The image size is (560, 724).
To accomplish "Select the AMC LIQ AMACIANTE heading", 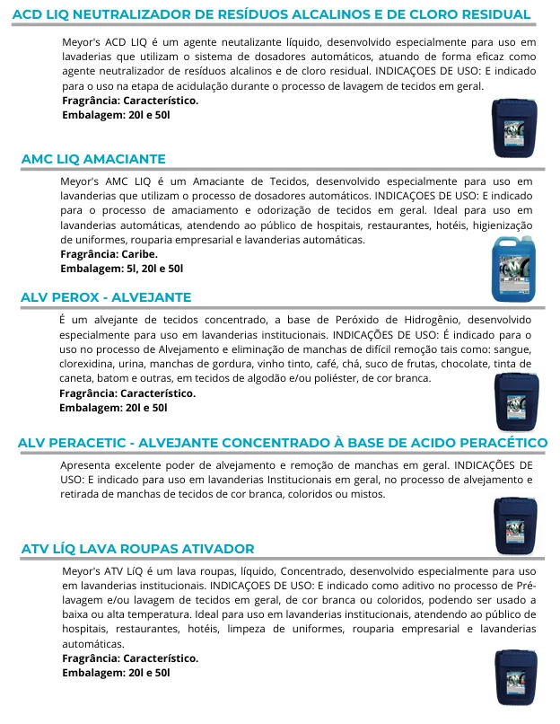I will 93,158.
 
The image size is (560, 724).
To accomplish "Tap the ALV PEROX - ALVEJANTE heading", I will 106,296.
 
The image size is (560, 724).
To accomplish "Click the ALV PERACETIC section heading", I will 282,443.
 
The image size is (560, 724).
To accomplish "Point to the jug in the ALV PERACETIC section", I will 517,524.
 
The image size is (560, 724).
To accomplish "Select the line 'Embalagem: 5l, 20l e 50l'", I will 122,268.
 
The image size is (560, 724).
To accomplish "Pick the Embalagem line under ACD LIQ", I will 114,115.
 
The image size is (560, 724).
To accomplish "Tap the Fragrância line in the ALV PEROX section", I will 127,393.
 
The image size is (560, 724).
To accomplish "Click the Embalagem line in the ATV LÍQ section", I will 115,672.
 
